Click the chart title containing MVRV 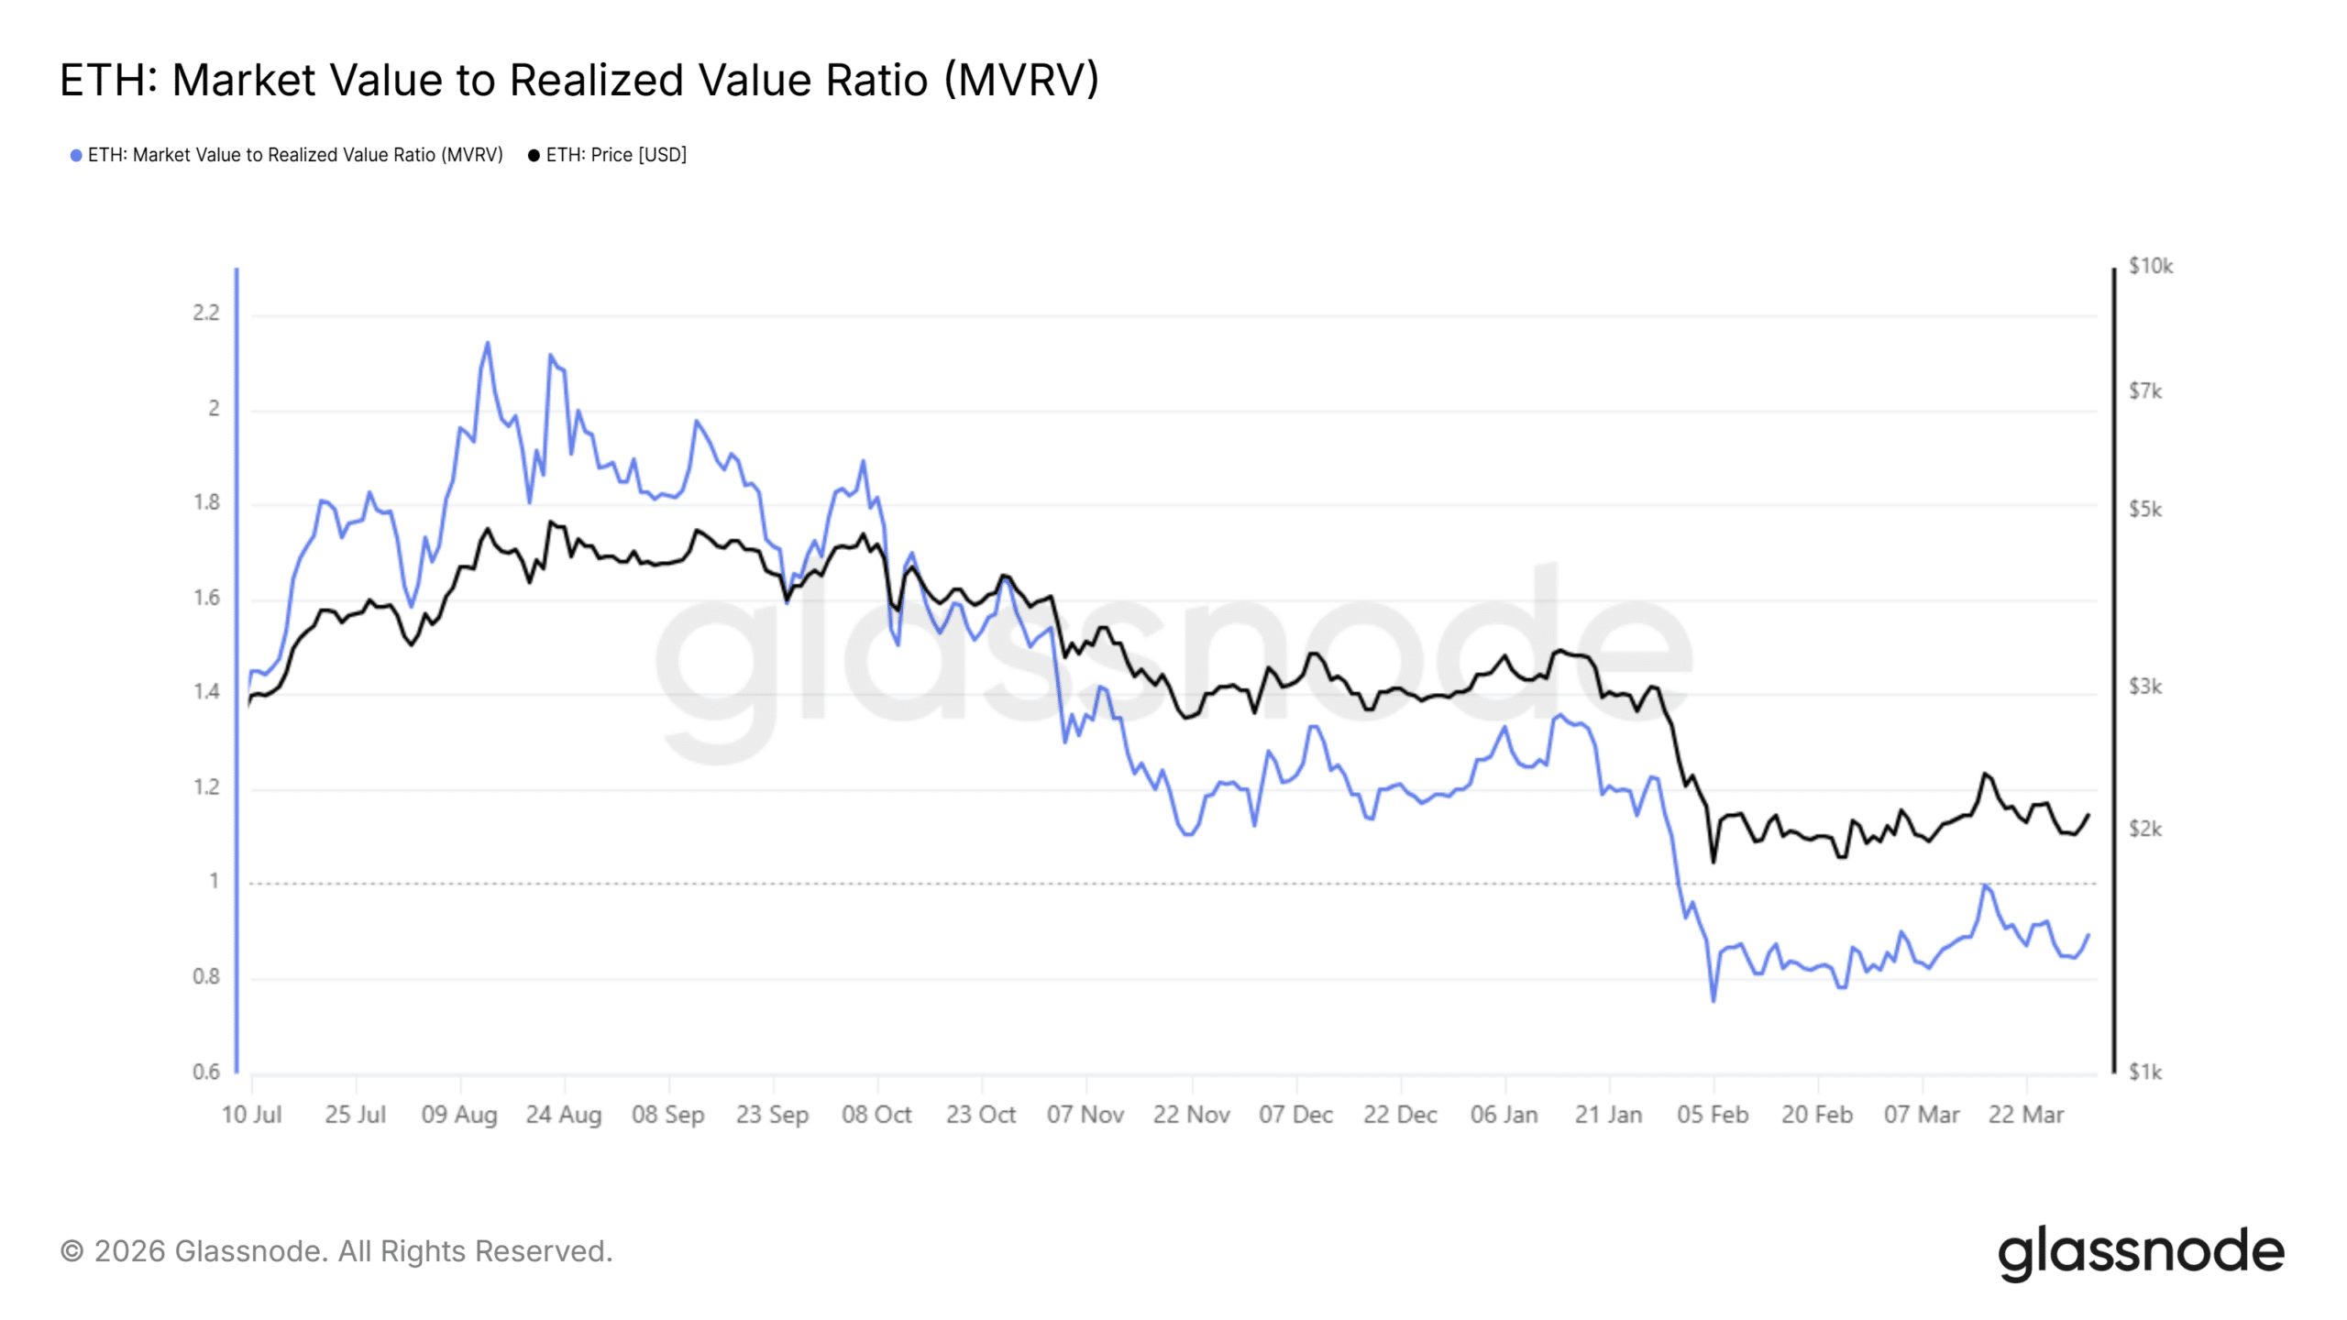coord(578,81)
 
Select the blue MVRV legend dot coord(76,156)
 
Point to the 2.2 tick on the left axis coord(206,313)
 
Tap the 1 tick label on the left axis coord(215,882)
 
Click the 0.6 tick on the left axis coord(206,1072)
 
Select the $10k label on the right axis coord(2150,267)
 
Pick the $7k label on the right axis coord(2144,392)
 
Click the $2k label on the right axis coord(2144,830)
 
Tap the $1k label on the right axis coord(2144,1072)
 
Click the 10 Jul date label coord(251,1116)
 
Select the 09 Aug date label coord(459,1116)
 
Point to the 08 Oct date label coord(876,1116)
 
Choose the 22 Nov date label coord(1191,1116)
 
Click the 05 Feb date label coord(1713,1116)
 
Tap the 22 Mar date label coord(2026,1116)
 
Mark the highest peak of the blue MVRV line coord(487,344)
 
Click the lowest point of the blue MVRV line coord(1713,1000)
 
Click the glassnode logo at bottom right coord(2141,1252)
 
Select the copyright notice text coord(336,1252)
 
